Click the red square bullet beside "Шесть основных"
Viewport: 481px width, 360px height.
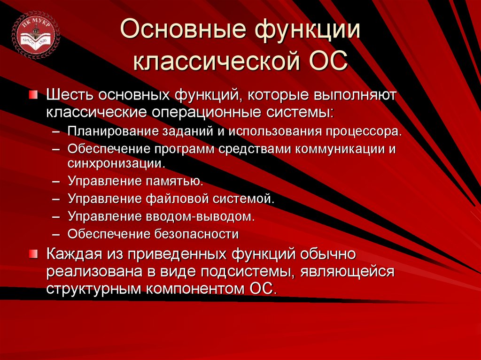[x=32, y=95]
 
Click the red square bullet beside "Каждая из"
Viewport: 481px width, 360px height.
[x=32, y=254]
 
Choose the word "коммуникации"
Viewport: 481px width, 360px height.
[x=339, y=149]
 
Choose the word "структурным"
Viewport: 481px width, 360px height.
[x=92, y=289]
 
